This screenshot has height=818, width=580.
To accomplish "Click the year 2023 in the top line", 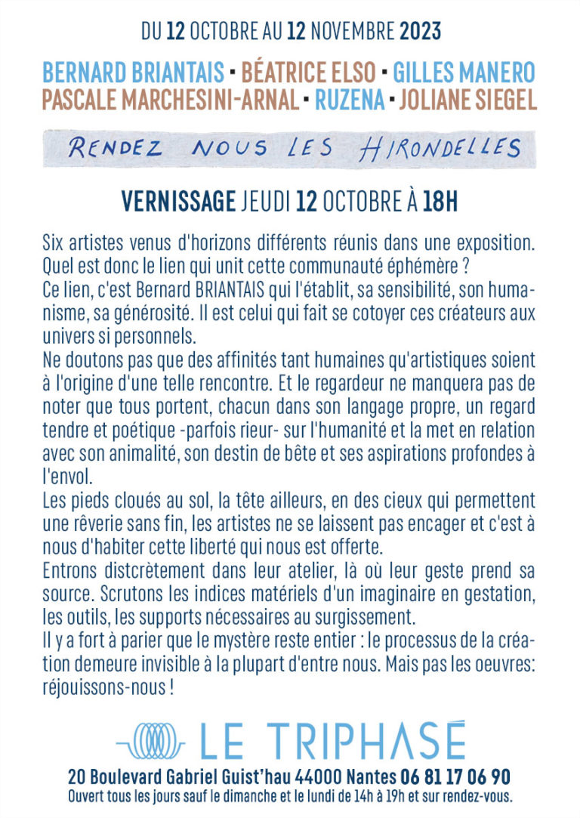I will [x=420, y=32].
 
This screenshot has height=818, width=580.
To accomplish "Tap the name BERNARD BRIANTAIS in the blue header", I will [x=133, y=74].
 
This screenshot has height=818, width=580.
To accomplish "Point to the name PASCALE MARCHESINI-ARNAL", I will [x=171, y=99].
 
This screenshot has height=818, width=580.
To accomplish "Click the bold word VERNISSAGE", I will [x=178, y=202].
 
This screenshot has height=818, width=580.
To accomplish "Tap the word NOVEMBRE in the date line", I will [x=353, y=32].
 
